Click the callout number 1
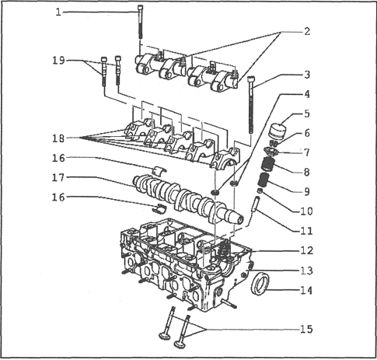[59, 12]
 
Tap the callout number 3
[307, 75]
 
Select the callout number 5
[307, 114]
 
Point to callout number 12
[306, 250]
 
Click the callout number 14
[306, 291]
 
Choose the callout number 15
[306, 330]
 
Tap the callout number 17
[58, 178]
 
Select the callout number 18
[58, 138]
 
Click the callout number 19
[58, 61]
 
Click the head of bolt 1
[140, 8]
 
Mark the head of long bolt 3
[251, 79]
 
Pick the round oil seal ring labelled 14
[260, 283]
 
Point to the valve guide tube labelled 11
[256, 204]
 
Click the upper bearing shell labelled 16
[159, 170]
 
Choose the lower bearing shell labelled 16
[159, 208]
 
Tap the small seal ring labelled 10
[260, 191]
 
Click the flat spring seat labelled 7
[271, 151]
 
